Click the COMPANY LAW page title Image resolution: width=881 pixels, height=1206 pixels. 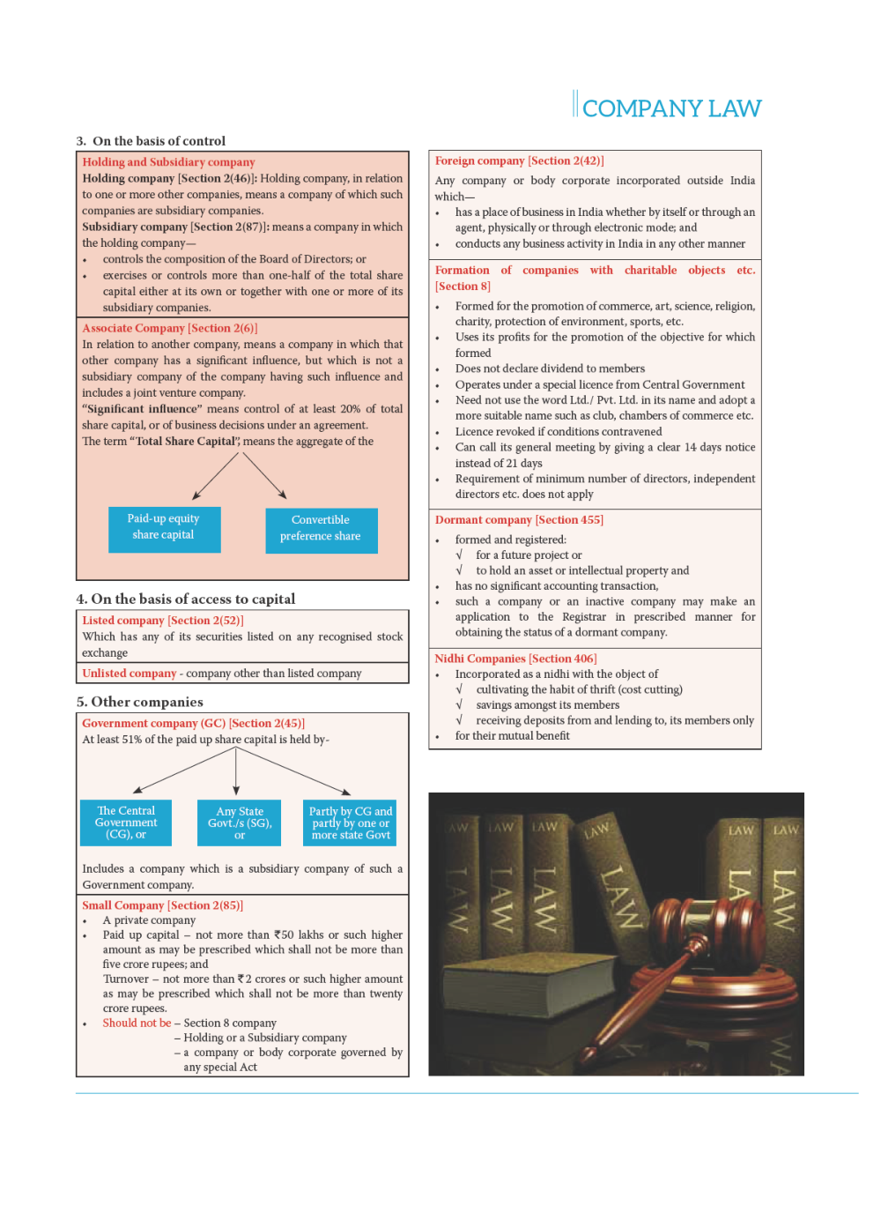point(671,108)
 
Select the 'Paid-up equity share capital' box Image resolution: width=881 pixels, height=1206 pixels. point(164,529)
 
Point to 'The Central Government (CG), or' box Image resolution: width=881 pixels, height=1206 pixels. point(126,823)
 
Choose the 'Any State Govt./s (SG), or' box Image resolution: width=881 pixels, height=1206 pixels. point(240,823)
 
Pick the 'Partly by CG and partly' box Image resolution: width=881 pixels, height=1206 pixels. point(351,823)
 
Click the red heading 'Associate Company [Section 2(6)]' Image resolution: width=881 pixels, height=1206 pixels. point(169,328)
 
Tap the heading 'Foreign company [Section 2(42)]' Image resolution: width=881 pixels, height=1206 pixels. point(519,160)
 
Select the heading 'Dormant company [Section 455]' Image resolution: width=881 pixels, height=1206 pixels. point(519,519)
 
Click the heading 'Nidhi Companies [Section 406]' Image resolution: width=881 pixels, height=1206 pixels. point(515,659)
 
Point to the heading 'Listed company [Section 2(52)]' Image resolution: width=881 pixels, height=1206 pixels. point(163,621)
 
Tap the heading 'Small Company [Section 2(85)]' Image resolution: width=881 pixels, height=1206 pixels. point(162,905)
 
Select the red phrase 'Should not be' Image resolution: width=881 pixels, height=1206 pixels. point(137,1023)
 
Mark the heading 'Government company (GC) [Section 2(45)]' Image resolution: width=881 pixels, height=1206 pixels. point(193,723)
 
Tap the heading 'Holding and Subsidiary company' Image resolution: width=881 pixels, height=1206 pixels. point(168,162)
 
